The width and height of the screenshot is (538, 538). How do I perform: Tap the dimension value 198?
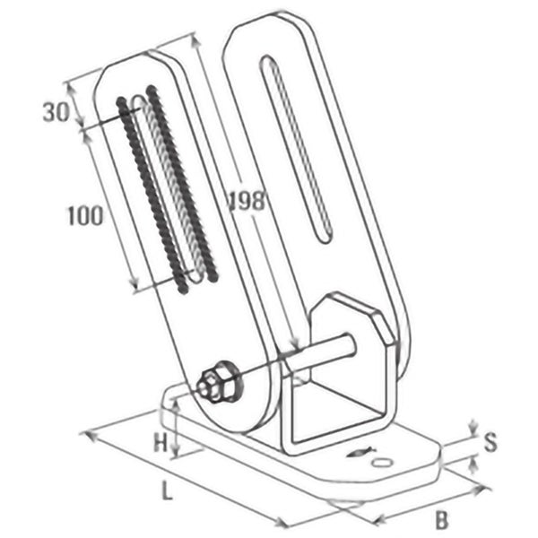[246, 201]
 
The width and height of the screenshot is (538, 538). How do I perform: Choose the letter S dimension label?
[490, 441]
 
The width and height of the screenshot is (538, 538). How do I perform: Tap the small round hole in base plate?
[383, 461]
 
